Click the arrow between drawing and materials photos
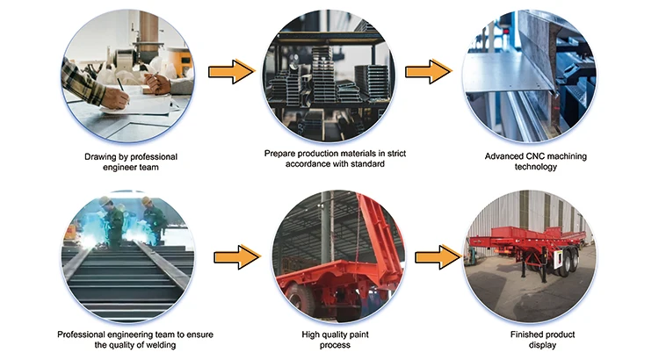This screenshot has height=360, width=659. click(x=231, y=70)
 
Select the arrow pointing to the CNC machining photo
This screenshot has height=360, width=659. click(x=428, y=70)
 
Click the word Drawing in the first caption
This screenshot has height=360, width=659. click(x=101, y=157)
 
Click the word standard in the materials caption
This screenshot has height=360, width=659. click(x=366, y=164)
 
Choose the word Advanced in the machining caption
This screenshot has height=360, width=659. click(x=509, y=157)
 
